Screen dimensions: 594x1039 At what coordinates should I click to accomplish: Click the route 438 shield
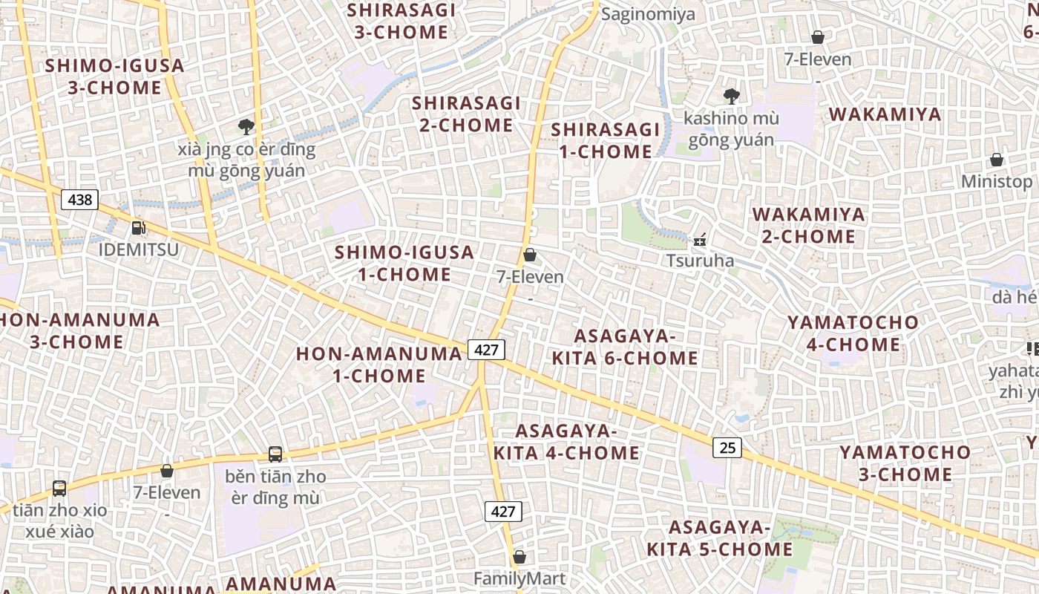79,200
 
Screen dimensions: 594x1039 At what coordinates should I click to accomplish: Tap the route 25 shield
727,447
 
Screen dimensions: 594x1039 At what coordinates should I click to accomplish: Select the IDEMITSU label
139,249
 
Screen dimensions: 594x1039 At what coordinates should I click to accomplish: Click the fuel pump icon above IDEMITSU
138,228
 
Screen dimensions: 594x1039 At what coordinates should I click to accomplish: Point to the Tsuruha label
700,261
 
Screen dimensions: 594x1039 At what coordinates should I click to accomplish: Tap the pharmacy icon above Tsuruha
699,240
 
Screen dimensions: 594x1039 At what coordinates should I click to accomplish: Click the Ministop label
996,181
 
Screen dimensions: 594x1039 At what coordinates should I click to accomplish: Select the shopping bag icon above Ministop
996,160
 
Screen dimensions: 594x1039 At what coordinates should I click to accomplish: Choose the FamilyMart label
519,578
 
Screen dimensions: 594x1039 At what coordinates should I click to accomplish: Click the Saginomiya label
648,14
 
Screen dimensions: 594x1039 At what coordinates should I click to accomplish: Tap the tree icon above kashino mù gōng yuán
731,96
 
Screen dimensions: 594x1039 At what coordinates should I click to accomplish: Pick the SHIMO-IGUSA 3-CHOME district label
114,76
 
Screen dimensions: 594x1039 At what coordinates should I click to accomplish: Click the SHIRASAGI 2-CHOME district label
466,114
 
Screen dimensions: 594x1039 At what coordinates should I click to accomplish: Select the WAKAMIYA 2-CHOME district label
808,226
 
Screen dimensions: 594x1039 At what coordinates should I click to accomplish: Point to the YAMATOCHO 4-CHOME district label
853,333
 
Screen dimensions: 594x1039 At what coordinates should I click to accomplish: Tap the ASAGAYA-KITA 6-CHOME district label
624,347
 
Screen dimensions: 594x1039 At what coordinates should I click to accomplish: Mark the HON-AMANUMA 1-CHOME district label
378,365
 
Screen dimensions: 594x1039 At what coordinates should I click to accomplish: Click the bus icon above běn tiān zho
275,454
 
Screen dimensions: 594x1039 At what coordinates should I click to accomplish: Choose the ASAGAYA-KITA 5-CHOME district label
719,538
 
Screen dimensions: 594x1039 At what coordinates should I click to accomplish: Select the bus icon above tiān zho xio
59,489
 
